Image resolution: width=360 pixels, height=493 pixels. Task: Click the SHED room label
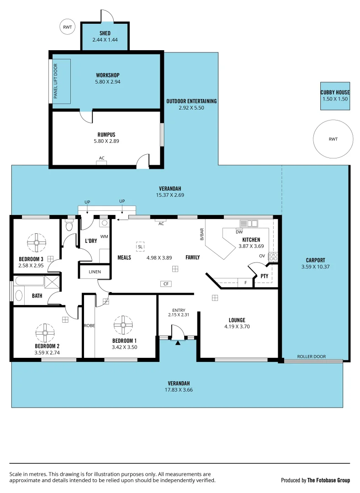pyautogui.click(x=105, y=33)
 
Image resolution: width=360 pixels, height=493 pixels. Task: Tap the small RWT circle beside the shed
pyautogui.click(x=68, y=27)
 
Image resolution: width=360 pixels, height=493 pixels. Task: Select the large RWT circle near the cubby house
pyautogui.click(x=333, y=139)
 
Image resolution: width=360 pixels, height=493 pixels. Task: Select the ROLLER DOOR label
pyautogui.click(x=311, y=357)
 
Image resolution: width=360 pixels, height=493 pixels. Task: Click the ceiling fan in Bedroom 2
pyautogui.click(x=45, y=333)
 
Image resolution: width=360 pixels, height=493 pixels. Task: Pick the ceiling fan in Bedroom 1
pyautogui.click(x=123, y=325)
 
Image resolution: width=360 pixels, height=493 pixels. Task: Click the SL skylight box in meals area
pyautogui.click(x=140, y=246)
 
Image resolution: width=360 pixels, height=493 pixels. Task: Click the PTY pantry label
pyautogui.click(x=264, y=276)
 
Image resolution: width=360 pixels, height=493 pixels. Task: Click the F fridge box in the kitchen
pyautogui.click(x=245, y=283)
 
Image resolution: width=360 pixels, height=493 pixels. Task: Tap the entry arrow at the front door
pyautogui.click(x=178, y=342)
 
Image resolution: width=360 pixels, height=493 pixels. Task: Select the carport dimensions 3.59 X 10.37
pyautogui.click(x=315, y=267)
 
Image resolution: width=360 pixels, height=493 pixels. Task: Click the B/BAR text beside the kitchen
pyautogui.click(x=201, y=234)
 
